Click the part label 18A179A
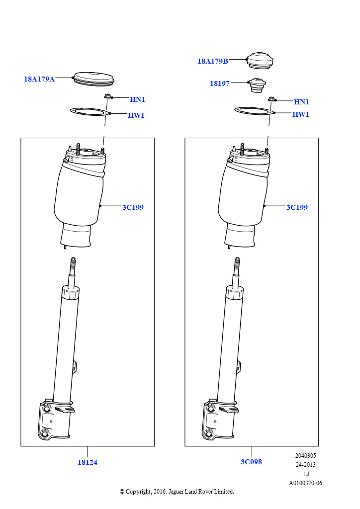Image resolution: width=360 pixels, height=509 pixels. coord(39,79)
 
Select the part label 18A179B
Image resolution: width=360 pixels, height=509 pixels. coord(213,61)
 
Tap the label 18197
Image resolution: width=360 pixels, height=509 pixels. coord(220,84)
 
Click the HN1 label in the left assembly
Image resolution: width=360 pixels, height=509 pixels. coord(137,99)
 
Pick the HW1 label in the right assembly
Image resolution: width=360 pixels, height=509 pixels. coord(301,114)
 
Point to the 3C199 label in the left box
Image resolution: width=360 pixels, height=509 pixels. coord(133,207)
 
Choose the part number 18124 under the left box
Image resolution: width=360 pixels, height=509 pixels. coord(88,462)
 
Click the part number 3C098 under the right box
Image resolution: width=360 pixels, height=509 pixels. coord(251,462)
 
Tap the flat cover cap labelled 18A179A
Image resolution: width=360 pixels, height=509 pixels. coord(94,79)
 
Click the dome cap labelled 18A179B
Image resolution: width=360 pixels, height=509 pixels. coord(260,60)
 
